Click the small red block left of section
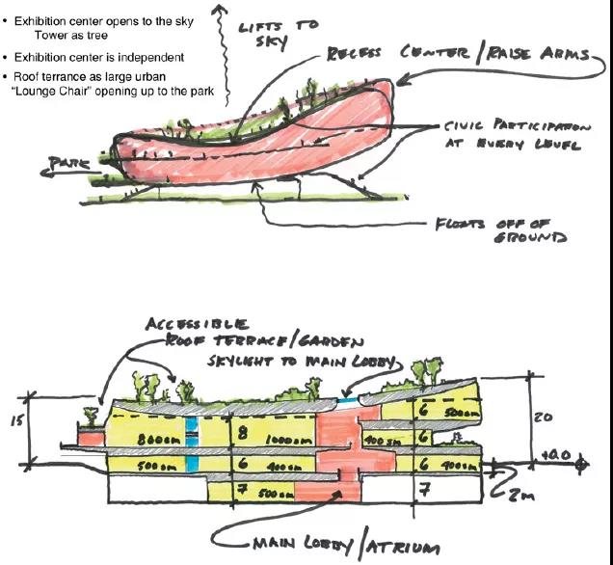[91, 439]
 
